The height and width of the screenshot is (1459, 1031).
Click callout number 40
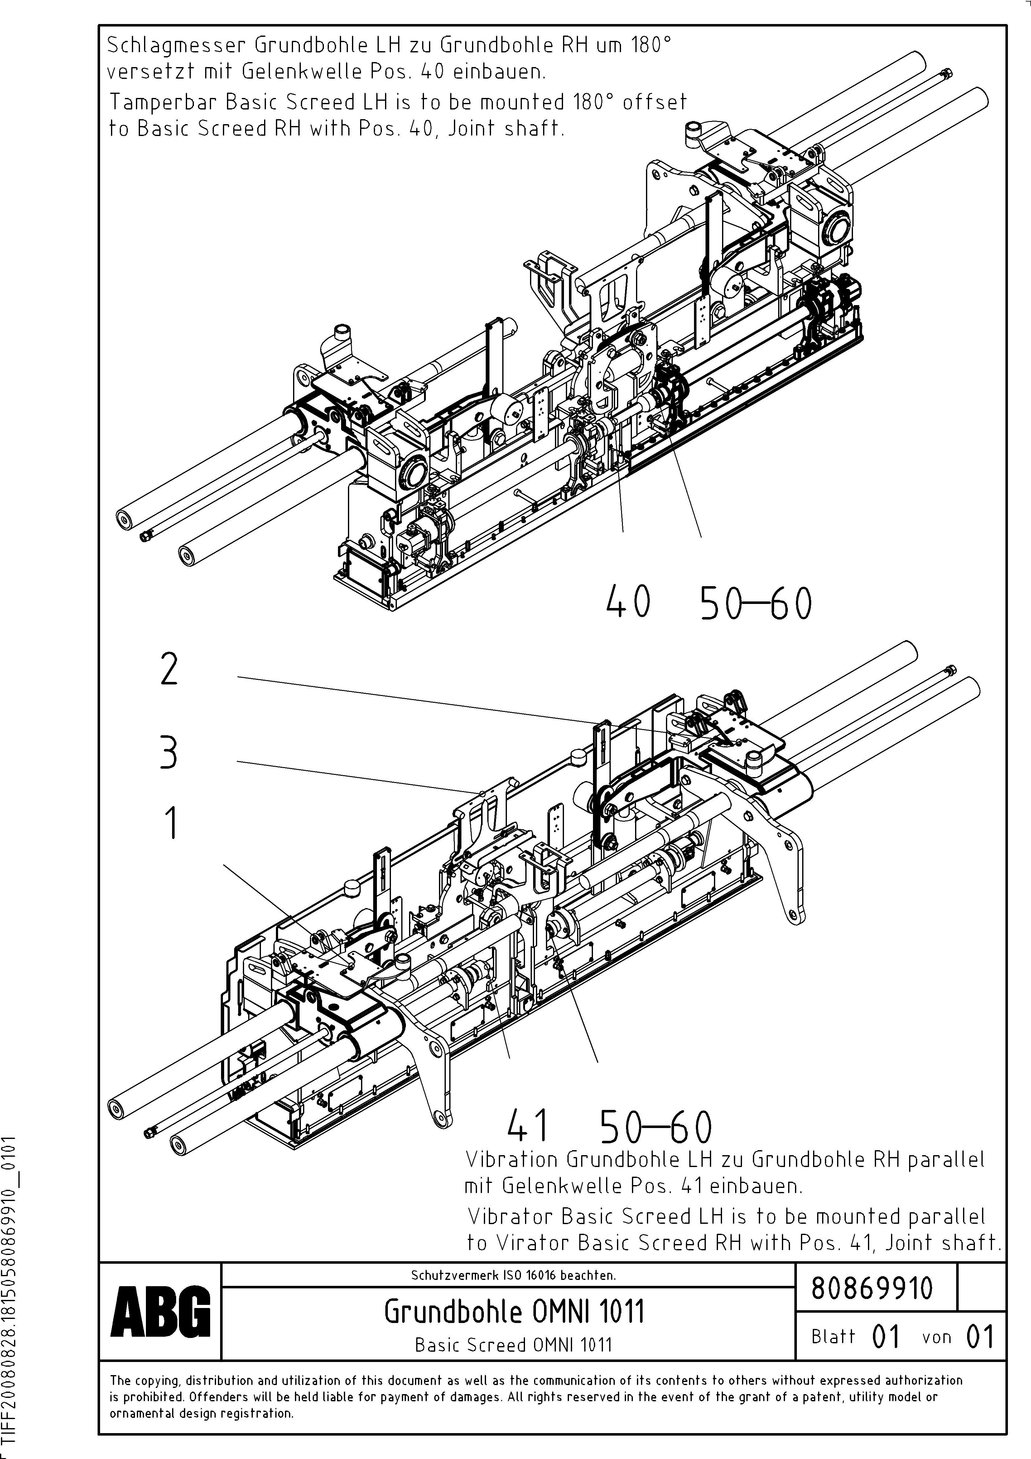(628, 602)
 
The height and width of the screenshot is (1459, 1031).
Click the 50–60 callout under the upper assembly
(755, 604)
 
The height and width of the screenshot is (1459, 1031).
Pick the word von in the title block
(936, 1337)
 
